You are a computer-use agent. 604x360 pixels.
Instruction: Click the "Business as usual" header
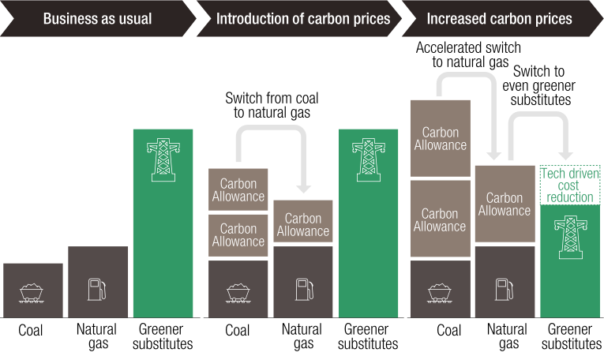(x=97, y=18)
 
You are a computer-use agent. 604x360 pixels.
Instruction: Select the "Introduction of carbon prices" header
(x=303, y=18)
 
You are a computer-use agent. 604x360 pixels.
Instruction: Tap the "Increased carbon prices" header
(x=500, y=18)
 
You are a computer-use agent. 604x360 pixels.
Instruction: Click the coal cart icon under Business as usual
(x=32, y=291)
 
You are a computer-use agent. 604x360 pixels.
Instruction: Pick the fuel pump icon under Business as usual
(x=97, y=289)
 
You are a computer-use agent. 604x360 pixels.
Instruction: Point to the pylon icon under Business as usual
(x=163, y=160)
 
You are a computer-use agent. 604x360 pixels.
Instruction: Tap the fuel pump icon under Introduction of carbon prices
(x=303, y=289)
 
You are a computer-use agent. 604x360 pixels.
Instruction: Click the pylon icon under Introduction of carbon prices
(x=367, y=160)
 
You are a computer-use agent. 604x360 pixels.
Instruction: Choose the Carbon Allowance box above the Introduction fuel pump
(x=303, y=224)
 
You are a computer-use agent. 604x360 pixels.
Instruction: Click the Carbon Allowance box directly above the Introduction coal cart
(x=238, y=234)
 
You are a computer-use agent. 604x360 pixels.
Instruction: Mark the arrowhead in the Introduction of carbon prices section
(x=303, y=189)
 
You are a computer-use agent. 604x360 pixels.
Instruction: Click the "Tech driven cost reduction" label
(x=569, y=185)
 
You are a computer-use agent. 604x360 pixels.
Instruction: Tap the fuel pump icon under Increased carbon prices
(x=505, y=289)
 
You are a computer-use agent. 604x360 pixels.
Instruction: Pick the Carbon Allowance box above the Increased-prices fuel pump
(x=505, y=204)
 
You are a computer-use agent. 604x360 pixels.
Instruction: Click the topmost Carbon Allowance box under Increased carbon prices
(x=440, y=138)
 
